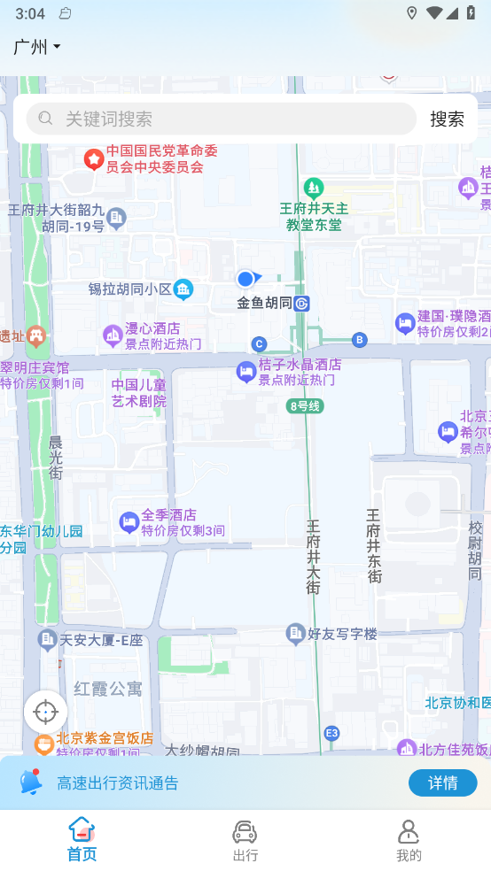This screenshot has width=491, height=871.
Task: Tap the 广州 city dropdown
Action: pos(37,47)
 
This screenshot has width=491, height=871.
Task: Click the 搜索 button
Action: pos(447,119)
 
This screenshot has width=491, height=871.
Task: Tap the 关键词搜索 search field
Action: pos(222,119)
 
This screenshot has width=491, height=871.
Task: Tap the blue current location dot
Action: pos(245,279)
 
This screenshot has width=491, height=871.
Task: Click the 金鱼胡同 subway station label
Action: pos(265,304)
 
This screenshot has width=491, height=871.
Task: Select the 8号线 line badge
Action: pos(305,406)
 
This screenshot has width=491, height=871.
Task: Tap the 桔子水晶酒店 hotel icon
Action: pos(246,372)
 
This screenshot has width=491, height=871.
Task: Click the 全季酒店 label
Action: pos(168,514)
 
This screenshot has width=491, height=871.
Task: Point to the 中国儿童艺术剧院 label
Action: pos(139,393)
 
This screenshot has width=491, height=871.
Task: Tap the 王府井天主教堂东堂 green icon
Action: pos(313,188)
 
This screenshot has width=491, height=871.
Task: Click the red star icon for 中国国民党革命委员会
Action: pos(93,159)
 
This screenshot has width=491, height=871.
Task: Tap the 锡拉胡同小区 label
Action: pos(129,289)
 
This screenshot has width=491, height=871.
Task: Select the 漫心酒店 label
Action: pos(152,329)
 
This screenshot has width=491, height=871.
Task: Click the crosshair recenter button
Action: pos(45,711)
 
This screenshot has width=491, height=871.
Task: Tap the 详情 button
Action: pos(442,782)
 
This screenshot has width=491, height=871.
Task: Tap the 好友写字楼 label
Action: pos(342,634)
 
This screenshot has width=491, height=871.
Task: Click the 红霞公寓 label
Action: pos(107,689)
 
